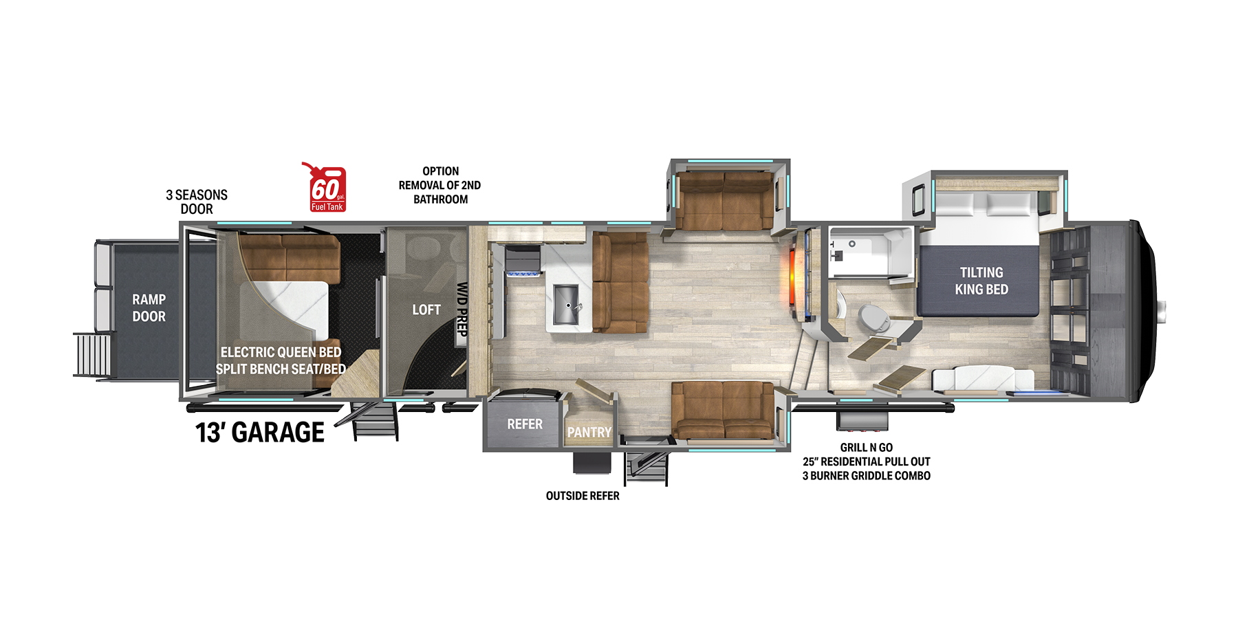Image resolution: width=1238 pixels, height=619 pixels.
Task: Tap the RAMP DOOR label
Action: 149,308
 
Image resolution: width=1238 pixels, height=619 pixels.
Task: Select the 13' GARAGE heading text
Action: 260,432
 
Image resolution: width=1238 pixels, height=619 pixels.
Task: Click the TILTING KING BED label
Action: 981,281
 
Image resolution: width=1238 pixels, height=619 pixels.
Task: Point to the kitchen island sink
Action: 567,305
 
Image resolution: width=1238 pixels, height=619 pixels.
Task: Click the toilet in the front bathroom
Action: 873,318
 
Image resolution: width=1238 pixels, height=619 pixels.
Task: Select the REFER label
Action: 525,424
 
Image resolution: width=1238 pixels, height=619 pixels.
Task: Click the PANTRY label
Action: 589,432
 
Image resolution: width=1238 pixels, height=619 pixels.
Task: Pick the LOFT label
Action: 426,309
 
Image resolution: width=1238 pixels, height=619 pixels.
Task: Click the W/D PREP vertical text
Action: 462,309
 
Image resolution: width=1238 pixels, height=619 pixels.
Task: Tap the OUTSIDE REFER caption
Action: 583,496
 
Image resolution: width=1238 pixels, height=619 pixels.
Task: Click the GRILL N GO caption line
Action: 867,447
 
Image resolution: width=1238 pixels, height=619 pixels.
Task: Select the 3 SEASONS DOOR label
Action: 197,202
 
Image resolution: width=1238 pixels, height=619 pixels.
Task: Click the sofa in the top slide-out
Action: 724,201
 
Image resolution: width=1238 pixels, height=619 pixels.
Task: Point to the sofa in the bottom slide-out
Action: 724,411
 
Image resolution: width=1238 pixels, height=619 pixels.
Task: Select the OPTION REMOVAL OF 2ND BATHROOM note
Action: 440,185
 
